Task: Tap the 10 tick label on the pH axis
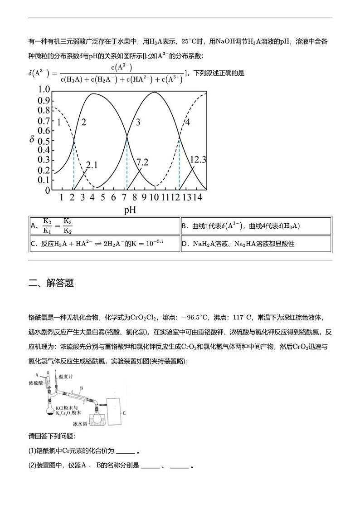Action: coord(154,197)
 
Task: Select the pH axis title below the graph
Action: coord(130,210)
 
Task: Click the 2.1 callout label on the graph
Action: coord(92,165)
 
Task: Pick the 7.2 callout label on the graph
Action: coord(142,162)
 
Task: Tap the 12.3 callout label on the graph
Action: coord(198,159)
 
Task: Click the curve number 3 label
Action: coord(138,122)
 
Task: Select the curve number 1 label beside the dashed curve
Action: coord(58,122)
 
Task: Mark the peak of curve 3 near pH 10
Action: coord(155,93)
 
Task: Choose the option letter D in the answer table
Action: coord(185,244)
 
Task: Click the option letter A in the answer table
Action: coord(33,226)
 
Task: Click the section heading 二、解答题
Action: coord(51,283)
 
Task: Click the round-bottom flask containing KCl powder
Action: coord(49,411)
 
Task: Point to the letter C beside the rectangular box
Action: coord(124,413)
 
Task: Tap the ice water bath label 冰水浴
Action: coord(80,424)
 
